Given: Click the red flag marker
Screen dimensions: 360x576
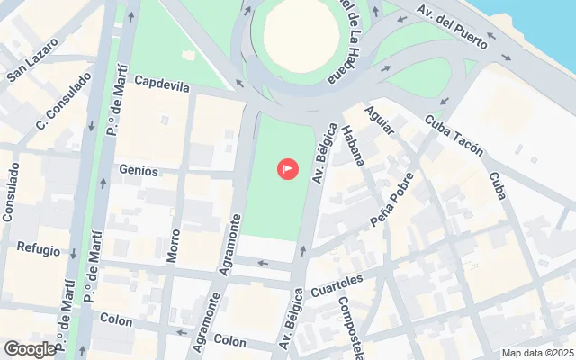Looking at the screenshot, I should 288,167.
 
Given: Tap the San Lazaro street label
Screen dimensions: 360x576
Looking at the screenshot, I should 33,59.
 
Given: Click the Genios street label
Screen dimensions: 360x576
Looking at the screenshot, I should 139,170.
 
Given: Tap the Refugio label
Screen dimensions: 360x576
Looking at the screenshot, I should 38,250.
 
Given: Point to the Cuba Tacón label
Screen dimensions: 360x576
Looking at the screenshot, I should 454,136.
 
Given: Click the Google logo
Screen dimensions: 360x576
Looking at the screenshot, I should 30,349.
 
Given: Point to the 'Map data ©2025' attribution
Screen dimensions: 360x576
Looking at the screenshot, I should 536,353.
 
